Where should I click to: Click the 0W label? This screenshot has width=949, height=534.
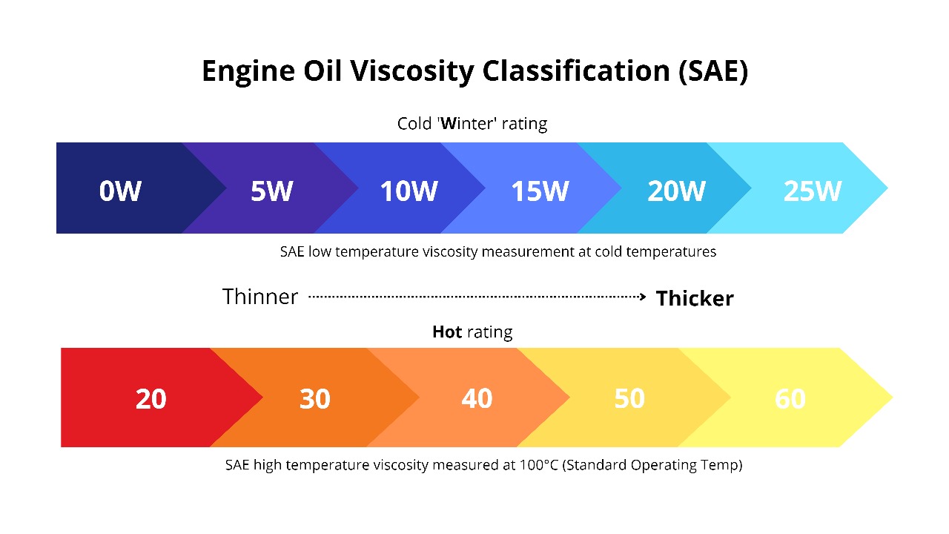pos(120,191)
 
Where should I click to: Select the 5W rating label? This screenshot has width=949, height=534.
pos(271,191)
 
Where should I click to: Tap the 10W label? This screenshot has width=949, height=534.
pos(409,191)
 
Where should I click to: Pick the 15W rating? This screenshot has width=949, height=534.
pos(540,191)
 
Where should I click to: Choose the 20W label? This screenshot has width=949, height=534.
pos(676,191)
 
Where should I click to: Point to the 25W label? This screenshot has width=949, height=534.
pos(813,191)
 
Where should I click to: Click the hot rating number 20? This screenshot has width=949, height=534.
pos(151,399)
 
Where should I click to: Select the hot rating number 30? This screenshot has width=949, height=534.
pos(314,399)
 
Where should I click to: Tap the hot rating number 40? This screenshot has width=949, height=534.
pos(477,399)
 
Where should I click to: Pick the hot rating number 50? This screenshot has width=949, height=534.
pos(629,399)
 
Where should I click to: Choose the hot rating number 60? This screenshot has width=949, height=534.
pos(790,399)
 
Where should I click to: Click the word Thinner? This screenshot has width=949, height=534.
pos(260,297)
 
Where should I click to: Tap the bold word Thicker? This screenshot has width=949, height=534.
pos(695,298)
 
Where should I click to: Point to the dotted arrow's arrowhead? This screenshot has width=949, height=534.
pos(642,297)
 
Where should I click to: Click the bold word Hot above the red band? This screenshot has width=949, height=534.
pos(447,332)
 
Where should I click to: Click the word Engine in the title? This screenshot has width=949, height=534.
pos(245,71)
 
